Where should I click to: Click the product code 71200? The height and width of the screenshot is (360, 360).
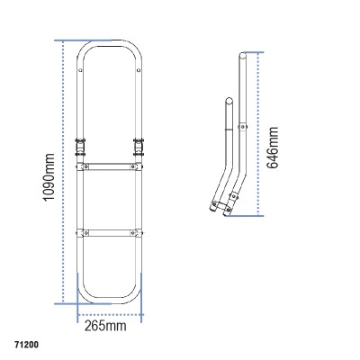point(27,343)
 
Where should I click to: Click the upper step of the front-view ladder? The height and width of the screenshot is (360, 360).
point(112,166)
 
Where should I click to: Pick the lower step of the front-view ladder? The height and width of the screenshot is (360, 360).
point(112,232)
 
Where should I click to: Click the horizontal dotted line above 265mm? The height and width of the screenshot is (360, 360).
point(112,314)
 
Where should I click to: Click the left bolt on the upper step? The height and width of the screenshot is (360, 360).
point(88,166)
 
